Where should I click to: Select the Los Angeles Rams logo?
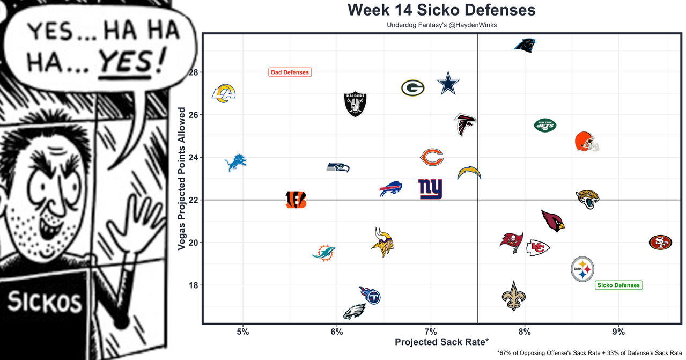coord(224,93)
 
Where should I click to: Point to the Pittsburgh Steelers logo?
coord(582,269)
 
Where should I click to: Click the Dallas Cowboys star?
coord(448,84)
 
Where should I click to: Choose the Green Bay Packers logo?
coord(412,88)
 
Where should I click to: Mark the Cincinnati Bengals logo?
coord(296,200)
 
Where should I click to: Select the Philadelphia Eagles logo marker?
coord(355,311)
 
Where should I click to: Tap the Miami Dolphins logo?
coord(323,252)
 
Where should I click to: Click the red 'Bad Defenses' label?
coord(290,72)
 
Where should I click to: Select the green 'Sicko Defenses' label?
coord(618,285)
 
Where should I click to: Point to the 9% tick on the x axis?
coord(618,332)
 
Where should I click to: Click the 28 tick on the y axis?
coord(193,72)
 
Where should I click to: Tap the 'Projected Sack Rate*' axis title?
coord(441,342)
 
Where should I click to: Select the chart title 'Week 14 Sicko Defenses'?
coord(441,10)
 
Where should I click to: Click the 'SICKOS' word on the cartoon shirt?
coord(45,303)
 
